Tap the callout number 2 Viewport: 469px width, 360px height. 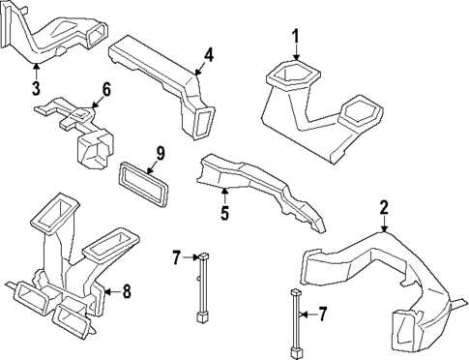(x=384, y=207)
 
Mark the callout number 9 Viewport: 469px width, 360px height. (x=161, y=152)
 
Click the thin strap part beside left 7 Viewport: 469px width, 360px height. (x=201, y=286)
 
